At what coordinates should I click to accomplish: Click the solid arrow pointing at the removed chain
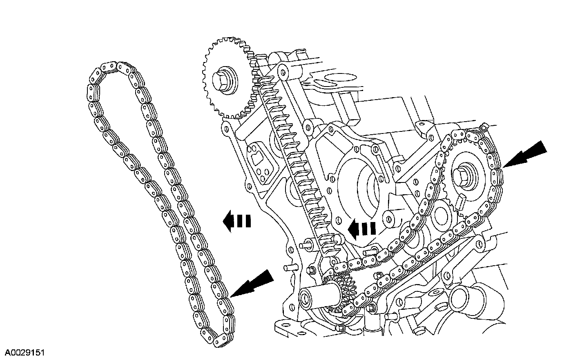(253, 283)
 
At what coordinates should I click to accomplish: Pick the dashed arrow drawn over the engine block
(362, 229)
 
